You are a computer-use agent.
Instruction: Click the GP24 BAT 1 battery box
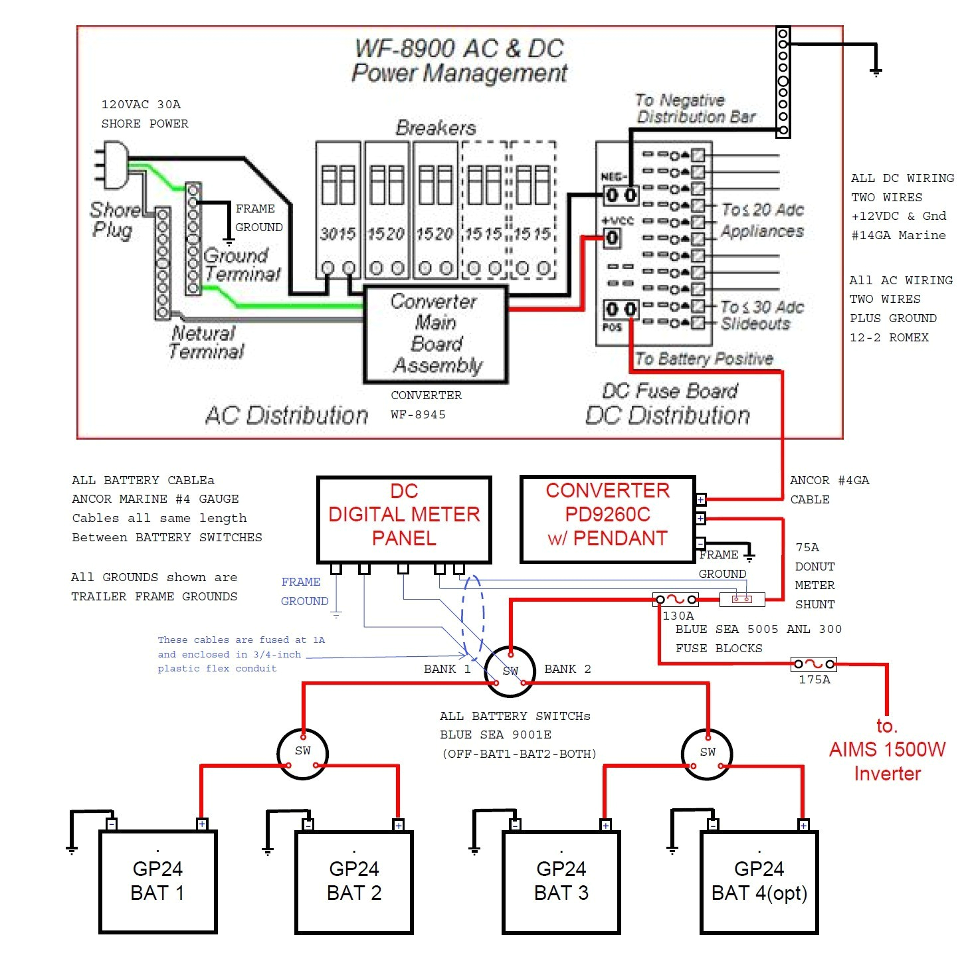pyautogui.click(x=157, y=882)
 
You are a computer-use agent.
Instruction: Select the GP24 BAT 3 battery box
pyautogui.click(x=561, y=882)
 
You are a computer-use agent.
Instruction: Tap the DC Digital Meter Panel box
pyautogui.click(x=404, y=519)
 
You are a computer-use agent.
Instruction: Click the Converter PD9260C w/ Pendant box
pyautogui.click(x=607, y=519)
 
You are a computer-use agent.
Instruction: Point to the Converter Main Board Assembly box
pyautogui.click(x=435, y=334)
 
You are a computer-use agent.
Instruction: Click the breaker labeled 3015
pyautogui.click(x=338, y=209)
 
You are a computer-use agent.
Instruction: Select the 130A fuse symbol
pyautogui.click(x=675, y=600)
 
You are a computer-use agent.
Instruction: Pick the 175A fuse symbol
pyautogui.click(x=814, y=663)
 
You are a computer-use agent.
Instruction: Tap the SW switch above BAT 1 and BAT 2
pyautogui.click(x=302, y=752)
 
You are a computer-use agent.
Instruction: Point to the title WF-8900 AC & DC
pyautogui.click(x=459, y=48)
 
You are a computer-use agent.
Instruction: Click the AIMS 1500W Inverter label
pyautogui.click(x=887, y=750)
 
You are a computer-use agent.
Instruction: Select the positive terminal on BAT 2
pyautogui.click(x=398, y=825)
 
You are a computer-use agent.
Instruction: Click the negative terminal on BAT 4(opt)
pyautogui.click(x=713, y=825)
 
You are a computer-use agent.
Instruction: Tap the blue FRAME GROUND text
pyautogui.click(x=304, y=591)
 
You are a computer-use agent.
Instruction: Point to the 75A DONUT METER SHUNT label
pyautogui.click(x=815, y=576)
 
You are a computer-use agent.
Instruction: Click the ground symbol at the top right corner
pyautogui.click(x=876, y=72)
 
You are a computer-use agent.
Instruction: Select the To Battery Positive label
pyautogui.click(x=704, y=359)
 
